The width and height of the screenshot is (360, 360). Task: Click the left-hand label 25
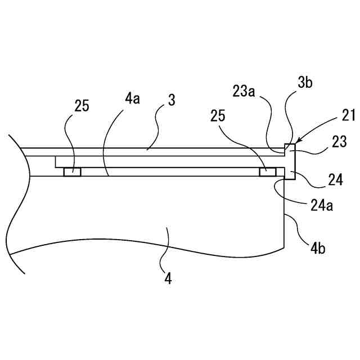tap(82, 106)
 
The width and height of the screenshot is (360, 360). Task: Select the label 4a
tap(132, 99)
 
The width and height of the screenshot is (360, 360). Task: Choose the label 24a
tap(322, 206)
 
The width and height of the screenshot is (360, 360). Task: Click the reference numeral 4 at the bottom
tap(168, 277)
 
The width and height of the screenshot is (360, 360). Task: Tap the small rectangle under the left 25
tap(72, 172)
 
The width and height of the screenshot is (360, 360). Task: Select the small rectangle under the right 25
tap(267, 172)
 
